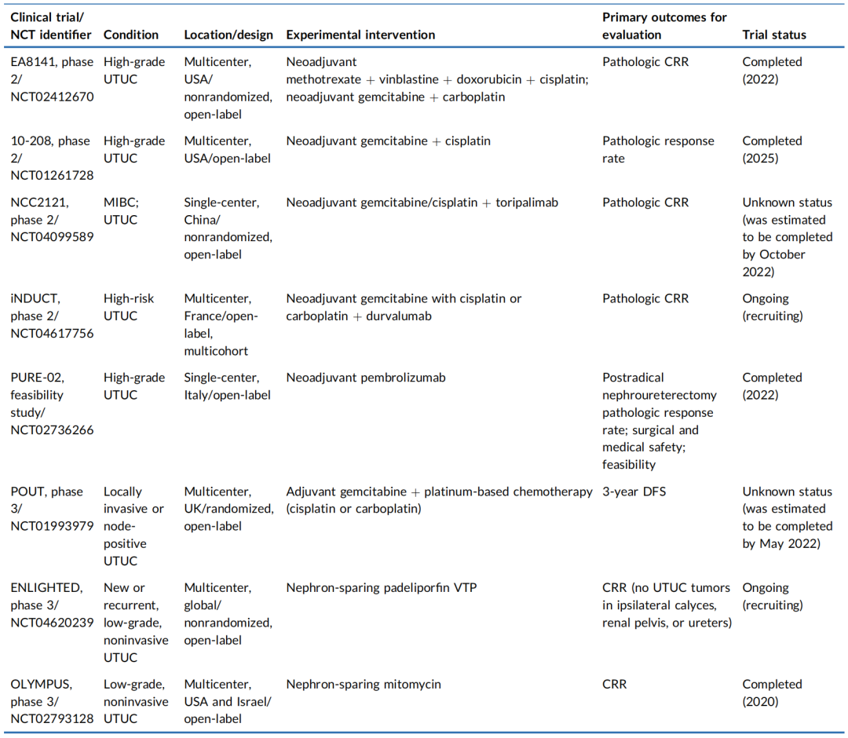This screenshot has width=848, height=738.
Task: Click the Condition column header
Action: (131, 35)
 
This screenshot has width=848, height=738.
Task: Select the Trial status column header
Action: (774, 35)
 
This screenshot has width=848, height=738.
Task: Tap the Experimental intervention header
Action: (360, 35)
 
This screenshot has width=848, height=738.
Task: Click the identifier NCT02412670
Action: (52, 97)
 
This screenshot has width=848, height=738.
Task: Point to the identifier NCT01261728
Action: (52, 176)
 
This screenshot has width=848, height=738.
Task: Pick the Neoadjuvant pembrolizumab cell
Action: (366, 378)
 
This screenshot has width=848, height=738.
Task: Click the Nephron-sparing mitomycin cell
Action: (364, 684)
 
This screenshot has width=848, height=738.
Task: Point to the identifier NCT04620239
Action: (52, 623)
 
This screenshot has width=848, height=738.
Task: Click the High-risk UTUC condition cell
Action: (129, 307)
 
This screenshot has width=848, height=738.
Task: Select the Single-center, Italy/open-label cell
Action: (227, 386)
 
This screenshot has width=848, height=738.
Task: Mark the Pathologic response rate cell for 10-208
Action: (658, 149)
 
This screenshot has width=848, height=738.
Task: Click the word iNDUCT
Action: (35, 298)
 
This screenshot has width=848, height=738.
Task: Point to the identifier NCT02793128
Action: (52, 718)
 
